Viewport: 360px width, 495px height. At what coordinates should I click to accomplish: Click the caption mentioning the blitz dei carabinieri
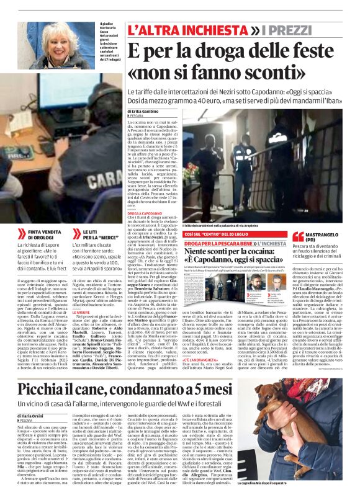coord(220,226)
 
